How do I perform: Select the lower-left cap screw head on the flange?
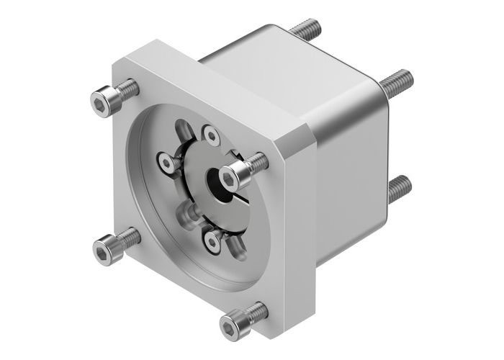[x=106, y=247]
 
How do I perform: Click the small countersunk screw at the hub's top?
[x=210, y=134]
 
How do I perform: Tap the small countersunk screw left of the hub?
[x=168, y=163]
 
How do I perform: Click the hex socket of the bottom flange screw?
[x=229, y=328]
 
